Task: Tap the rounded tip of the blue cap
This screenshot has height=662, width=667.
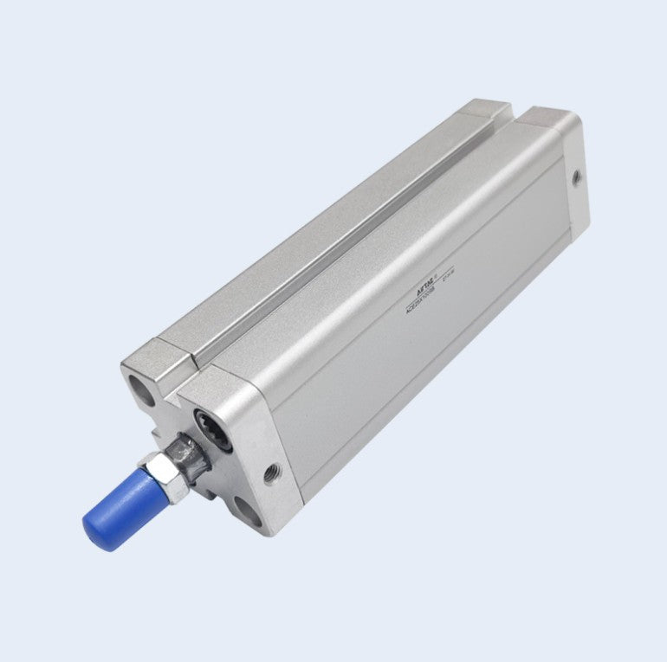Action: pos(94,528)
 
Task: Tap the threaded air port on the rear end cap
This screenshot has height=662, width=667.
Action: pos(576,177)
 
